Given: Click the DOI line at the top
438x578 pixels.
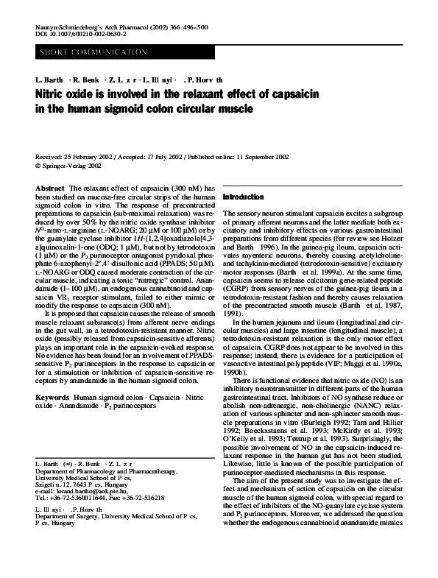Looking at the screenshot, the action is pos(80,34).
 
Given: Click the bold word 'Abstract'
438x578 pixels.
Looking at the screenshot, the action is pos(50,189).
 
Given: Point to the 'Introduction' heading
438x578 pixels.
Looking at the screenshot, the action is pos(243,198).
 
